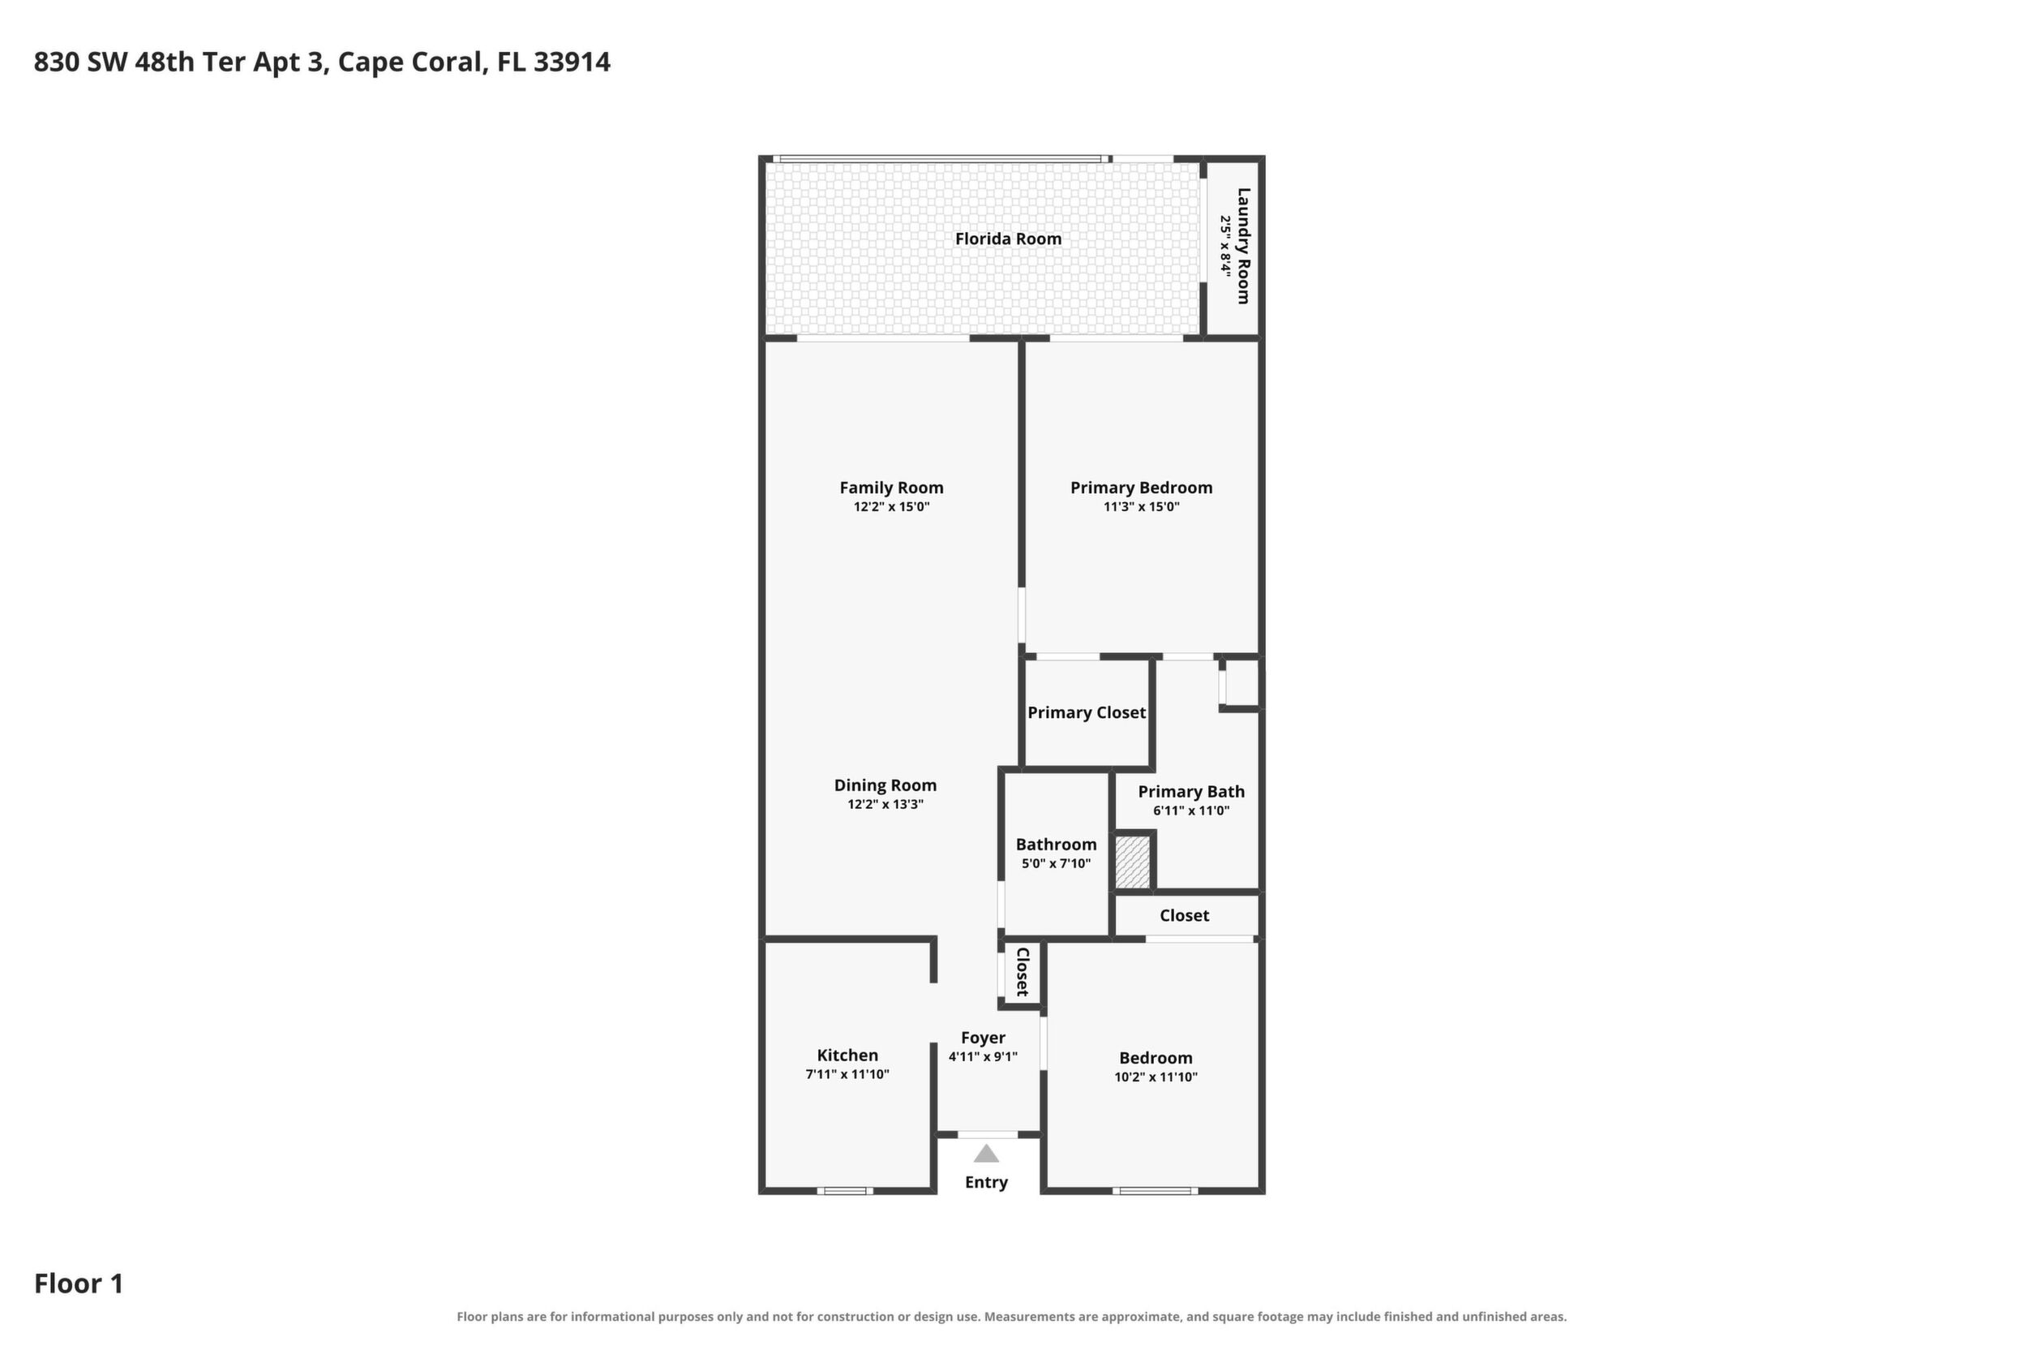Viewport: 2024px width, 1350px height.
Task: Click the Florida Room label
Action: click(1008, 239)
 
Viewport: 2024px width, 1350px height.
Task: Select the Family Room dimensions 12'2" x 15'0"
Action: click(891, 507)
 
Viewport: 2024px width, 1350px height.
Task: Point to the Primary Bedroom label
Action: click(1141, 488)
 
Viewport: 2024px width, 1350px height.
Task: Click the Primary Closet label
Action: click(1086, 712)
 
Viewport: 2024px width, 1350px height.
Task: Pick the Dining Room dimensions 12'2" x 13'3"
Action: click(885, 804)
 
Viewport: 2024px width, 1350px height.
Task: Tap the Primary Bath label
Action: click(1191, 791)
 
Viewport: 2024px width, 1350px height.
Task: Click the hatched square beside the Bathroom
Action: click(1133, 862)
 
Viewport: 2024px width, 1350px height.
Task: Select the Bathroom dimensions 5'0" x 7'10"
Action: click(1056, 863)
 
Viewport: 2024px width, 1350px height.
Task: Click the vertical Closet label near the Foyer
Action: click(1023, 972)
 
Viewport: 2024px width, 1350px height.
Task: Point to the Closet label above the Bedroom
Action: click(1184, 915)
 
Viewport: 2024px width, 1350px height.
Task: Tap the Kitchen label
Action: click(847, 1055)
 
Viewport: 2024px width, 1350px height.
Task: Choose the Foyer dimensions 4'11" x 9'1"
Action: click(983, 1056)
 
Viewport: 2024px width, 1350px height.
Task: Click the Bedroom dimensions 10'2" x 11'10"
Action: click(1156, 1077)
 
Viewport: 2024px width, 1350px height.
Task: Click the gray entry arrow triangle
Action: click(986, 1154)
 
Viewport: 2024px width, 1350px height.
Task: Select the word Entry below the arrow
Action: click(986, 1182)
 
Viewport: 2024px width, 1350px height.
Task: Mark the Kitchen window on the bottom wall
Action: click(844, 1191)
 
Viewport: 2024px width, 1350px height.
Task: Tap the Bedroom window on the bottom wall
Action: click(1155, 1191)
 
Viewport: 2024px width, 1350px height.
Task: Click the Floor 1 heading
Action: click(79, 1283)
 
